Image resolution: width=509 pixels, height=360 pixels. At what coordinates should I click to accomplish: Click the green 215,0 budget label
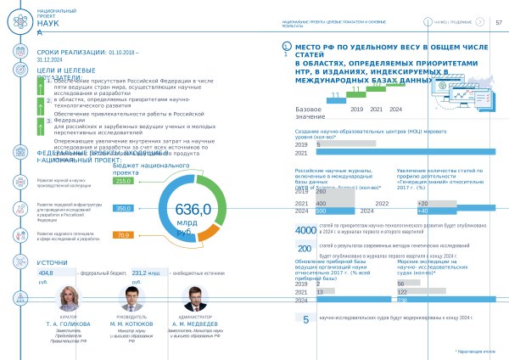pyautogui.click(x=123, y=181)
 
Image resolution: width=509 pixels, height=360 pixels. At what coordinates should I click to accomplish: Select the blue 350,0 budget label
pyautogui.click(x=123, y=208)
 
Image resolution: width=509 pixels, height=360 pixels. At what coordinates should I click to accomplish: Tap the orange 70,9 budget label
pyautogui.click(x=123, y=235)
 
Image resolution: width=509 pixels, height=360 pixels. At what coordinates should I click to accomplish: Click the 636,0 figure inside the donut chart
pyautogui.click(x=193, y=210)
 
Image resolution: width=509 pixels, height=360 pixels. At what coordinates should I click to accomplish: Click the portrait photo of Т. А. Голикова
pyautogui.click(x=69, y=299)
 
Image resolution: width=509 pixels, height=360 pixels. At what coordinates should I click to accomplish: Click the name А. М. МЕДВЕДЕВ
pyautogui.click(x=194, y=324)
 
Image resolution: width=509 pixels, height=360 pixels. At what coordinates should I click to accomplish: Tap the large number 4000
pyautogui.click(x=305, y=230)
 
